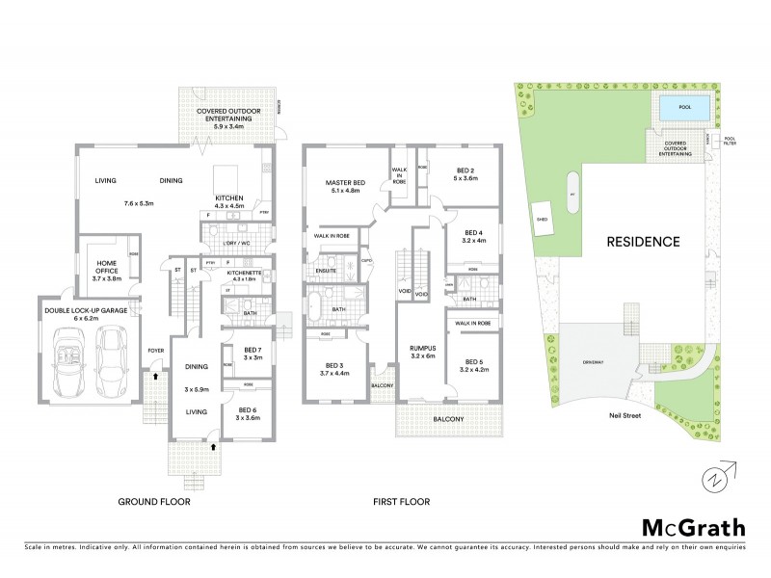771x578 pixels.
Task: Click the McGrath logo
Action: pyautogui.click(x=693, y=527)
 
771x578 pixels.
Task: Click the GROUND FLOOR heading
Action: pyautogui.click(x=154, y=502)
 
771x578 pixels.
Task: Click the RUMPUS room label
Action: pyautogui.click(x=422, y=349)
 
